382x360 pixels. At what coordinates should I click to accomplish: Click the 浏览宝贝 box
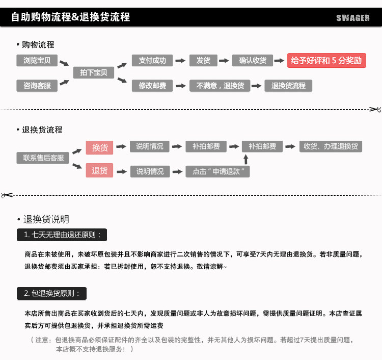(x=37, y=61)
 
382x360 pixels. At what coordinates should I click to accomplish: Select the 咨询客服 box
(x=37, y=86)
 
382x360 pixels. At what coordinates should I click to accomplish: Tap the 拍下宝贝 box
(x=93, y=73)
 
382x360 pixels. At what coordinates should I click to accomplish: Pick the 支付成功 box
(x=152, y=60)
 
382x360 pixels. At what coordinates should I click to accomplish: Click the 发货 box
(x=203, y=60)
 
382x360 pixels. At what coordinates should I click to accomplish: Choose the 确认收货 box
(x=253, y=60)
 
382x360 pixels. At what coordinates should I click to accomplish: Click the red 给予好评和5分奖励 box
(x=326, y=60)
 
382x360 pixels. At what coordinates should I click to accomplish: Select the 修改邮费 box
(x=152, y=86)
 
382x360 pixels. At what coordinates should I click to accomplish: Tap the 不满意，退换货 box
(x=220, y=86)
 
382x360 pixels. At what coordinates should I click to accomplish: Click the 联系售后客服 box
(x=43, y=158)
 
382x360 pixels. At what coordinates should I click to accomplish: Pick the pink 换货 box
(x=99, y=147)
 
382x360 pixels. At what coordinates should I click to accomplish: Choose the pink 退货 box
(x=99, y=171)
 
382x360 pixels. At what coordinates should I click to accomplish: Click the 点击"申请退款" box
(x=218, y=171)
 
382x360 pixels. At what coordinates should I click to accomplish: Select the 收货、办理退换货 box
(x=331, y=146)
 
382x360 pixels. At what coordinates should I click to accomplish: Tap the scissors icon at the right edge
(x=375, y=110)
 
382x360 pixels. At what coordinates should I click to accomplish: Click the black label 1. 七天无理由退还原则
(x=62, y=235)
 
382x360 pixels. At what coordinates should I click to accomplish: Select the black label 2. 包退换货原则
(x=51, y=293)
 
